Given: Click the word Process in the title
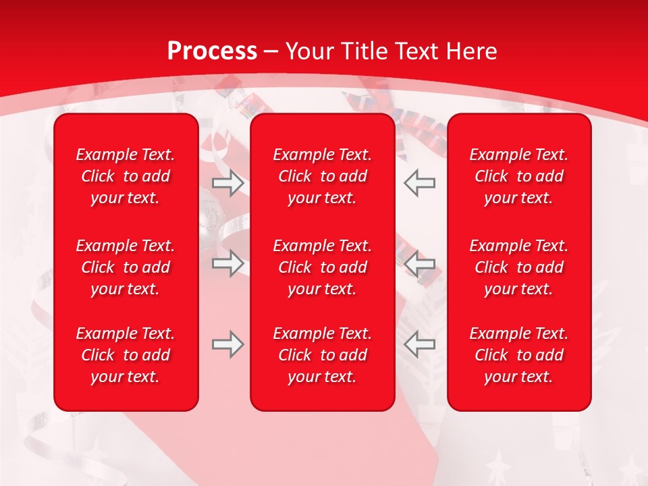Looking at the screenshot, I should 212,51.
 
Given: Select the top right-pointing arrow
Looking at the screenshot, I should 228,183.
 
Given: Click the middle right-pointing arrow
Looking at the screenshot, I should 228,263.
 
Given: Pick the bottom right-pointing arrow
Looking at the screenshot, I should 228,344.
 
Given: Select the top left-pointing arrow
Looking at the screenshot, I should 419,183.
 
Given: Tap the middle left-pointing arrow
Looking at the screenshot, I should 419,263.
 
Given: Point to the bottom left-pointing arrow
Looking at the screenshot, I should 419,344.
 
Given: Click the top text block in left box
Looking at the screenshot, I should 126,176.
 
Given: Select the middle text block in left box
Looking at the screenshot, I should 126,267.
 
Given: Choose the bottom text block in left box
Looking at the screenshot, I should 126,355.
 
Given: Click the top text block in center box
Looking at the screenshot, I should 323,176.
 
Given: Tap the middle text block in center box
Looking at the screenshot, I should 323,267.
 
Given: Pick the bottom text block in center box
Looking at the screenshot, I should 323,355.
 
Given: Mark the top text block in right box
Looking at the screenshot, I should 519,176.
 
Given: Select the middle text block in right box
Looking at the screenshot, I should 519,267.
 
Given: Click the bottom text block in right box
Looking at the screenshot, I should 519,355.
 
